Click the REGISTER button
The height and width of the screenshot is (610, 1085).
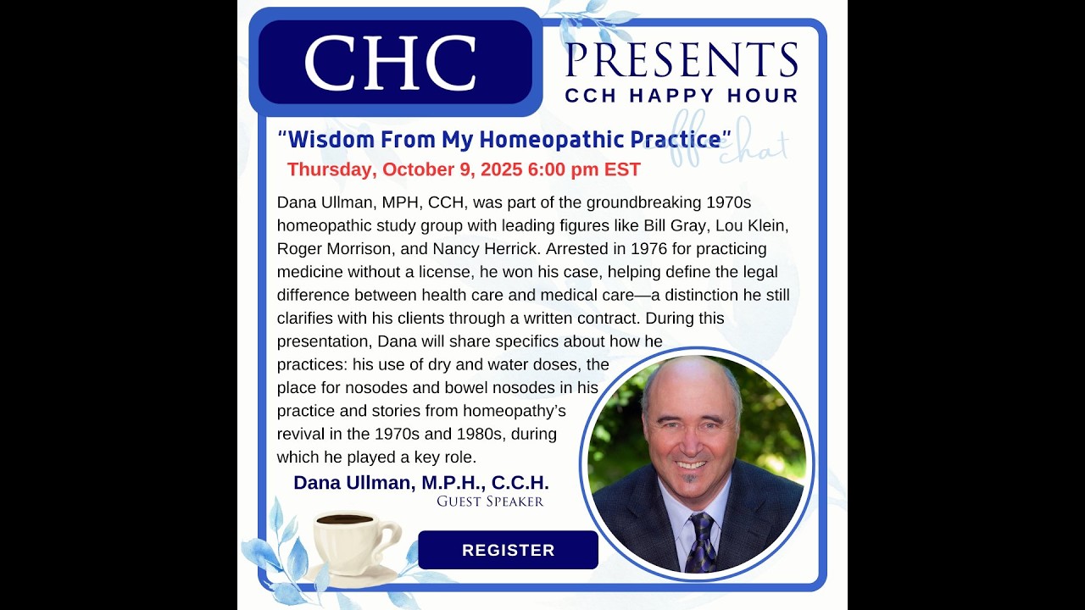[508, 550]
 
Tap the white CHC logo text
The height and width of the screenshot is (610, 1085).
[391, 63]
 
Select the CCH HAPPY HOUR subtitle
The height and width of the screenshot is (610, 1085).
[682, 96]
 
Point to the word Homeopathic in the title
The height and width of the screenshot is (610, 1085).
[551, 140]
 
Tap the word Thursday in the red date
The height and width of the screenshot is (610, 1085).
[331, 170]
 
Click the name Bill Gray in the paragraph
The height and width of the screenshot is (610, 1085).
[675, 226]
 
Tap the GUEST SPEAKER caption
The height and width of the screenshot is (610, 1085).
[490, 502]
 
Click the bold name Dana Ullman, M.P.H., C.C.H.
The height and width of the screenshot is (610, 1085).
[421, 483]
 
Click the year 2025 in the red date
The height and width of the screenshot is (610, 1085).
[502, 169]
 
